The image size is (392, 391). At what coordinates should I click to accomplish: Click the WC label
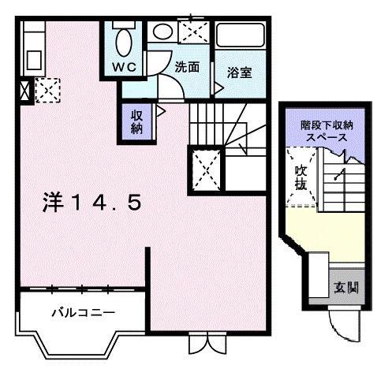tap(124, 67)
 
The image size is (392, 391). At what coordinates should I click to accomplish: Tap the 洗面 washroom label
tap(186, 68)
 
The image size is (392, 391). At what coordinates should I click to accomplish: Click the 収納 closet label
tap(136, 122)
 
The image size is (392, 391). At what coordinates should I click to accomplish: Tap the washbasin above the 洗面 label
tap(162, 33)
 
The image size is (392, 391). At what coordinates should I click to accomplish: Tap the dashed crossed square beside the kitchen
tap(46, 91)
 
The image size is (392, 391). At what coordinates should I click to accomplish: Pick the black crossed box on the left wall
tap(22, 91)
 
